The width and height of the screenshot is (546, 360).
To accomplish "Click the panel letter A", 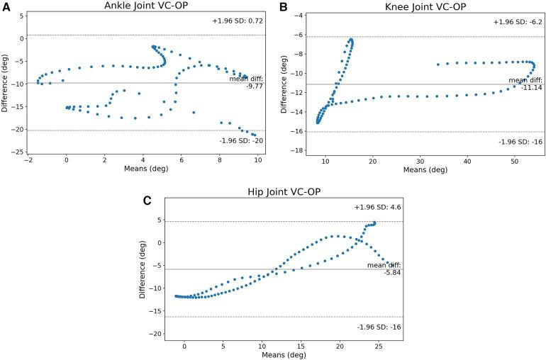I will pos(6,6).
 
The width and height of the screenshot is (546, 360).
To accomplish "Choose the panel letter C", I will pos(147,200).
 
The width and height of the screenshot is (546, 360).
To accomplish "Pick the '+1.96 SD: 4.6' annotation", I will pos(378,207).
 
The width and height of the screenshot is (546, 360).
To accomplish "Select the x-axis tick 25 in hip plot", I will pos(379,347).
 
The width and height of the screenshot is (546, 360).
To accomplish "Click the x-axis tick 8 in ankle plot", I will pos(220,162).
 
